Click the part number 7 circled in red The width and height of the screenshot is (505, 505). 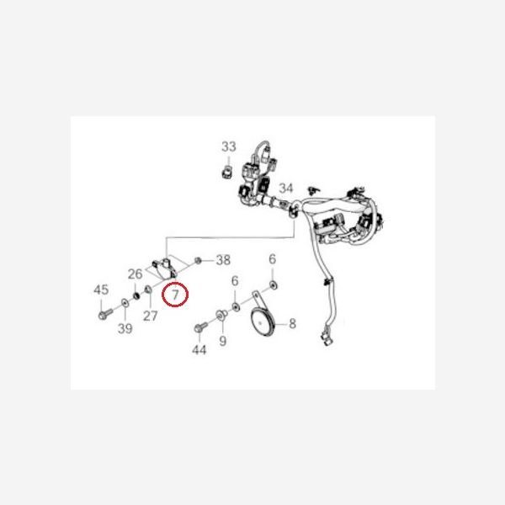click(x=177, y=295)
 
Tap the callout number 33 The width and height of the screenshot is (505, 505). click(x=229, y=147)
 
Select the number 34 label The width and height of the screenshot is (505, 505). click(x=286, y=188)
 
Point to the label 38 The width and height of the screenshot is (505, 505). click(x=223, y=258)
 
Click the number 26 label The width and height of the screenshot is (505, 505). click(x=136, y=274)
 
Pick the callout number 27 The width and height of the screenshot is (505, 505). click(x=150, y=316)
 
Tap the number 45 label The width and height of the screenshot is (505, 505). click(x=101, y=290)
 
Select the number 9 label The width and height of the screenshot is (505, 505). click(x=223, y=341)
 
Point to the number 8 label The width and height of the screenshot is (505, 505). click(x=292, y=323)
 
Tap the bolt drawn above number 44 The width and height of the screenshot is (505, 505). click(x=199, y=327)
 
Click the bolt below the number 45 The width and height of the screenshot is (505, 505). click(x=103, y=313)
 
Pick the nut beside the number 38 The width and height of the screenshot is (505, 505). click(x=198, y=258)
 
